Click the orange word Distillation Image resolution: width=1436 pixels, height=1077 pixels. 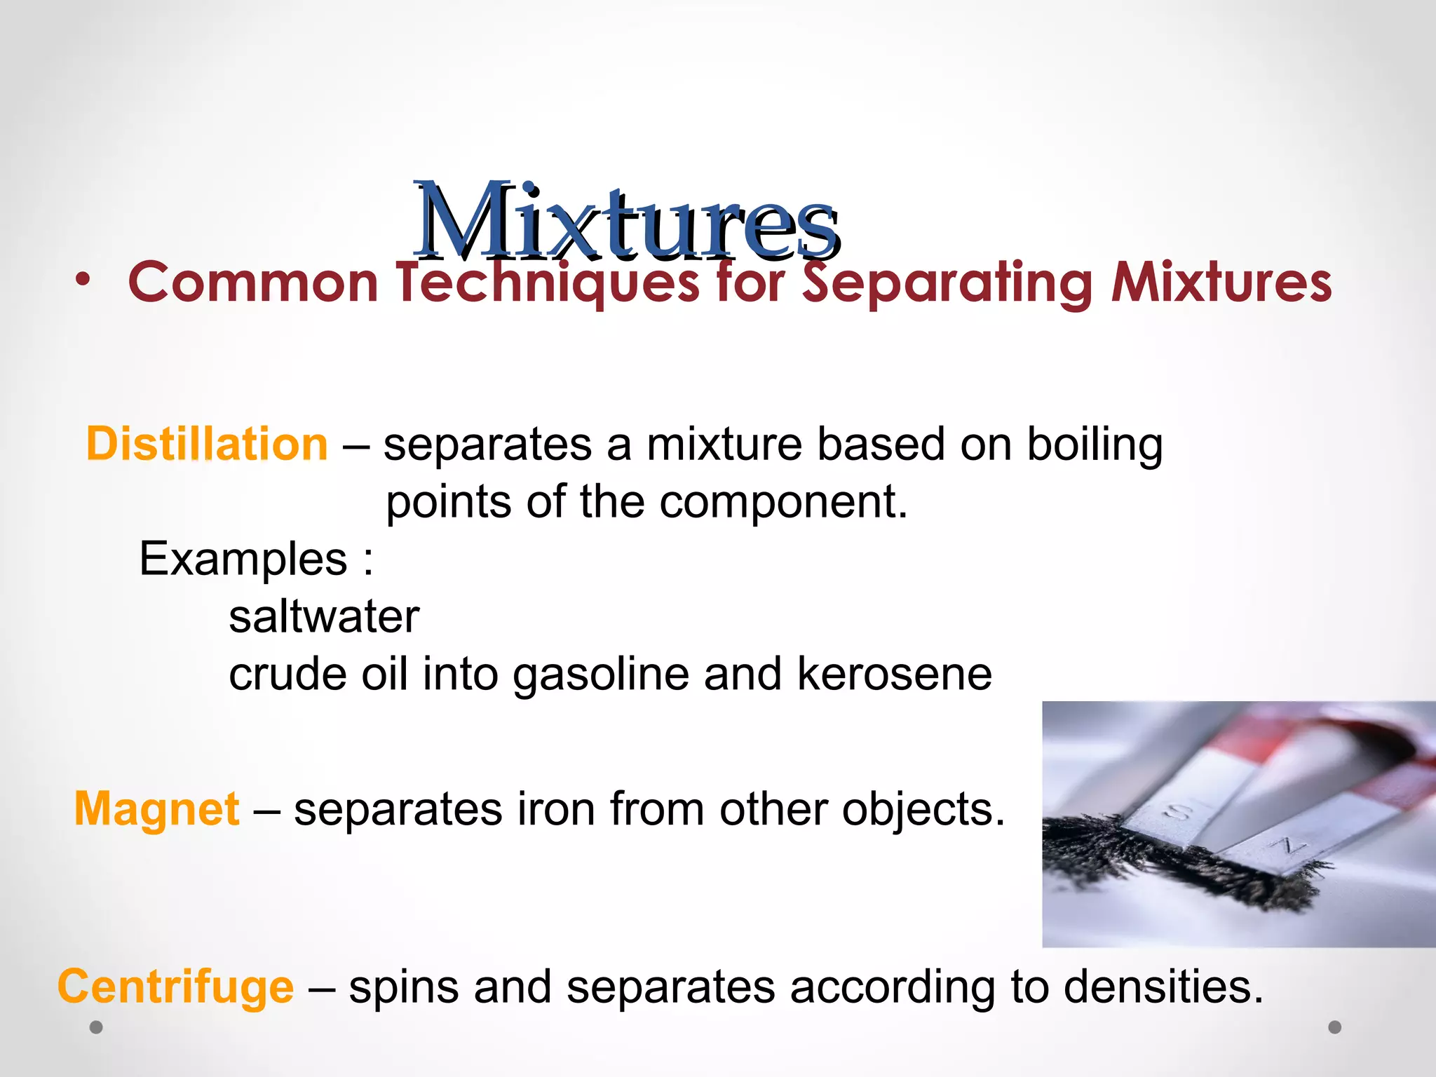pyautogui.click(x=207, y=445)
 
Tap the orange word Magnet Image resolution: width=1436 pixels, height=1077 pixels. pyautogui.click(x=157, y=809)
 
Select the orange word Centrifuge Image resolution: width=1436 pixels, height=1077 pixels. pyautogui.click(x=175, y=987)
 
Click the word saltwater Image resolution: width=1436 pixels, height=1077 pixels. pyautogui.click(x=324, y=617)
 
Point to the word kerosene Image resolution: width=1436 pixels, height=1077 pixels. pyautogui.click(x=894, y=675)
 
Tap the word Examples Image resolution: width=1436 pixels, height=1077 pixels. pyautogui.click(x=243, y=560)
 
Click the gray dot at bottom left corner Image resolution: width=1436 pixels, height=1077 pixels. pyautogui.click(x=97, y=1027)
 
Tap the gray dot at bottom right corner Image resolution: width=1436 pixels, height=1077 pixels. pyautogui.click(x=1335, y=1027)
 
